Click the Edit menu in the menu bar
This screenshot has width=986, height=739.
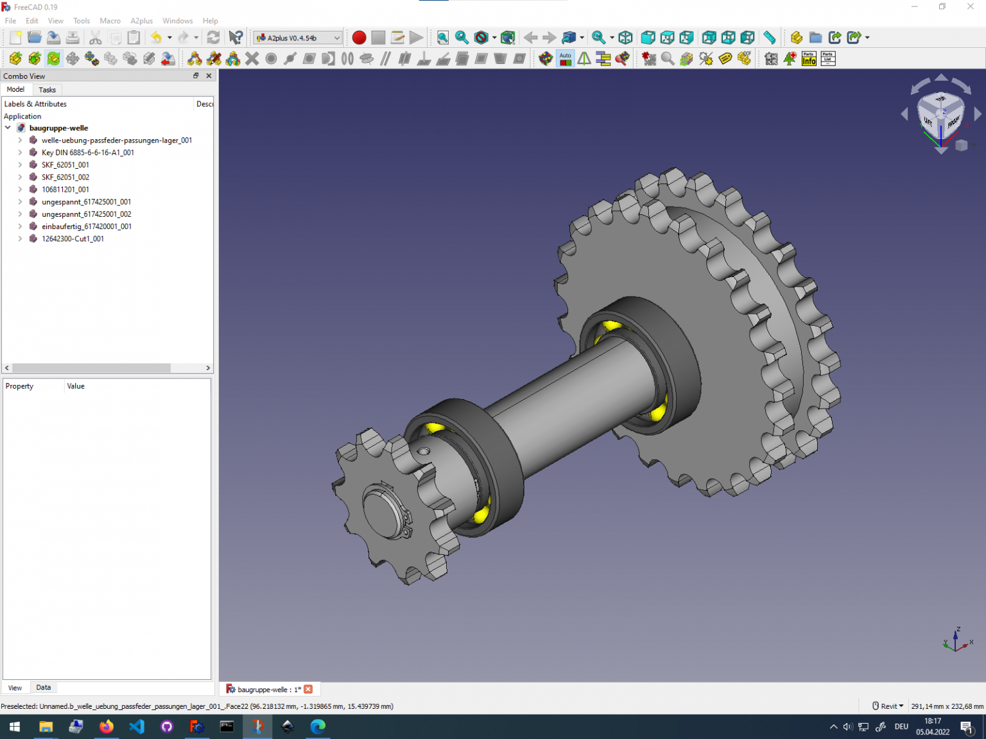(x=31, y=21)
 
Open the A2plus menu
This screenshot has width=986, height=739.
(x=141, y=21)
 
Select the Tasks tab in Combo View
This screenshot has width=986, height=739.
(x=47, y=90)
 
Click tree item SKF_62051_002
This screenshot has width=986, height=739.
(x=65, y=177)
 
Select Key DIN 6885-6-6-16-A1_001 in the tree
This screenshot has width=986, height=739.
(x=87, y=153)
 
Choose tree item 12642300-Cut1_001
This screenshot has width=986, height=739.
(x=73, y=239)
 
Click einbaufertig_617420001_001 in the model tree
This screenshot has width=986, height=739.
(x=87, y=226)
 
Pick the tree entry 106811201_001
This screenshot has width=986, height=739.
(x=65, y=189)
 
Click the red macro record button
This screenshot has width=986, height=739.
(x=359, y=38)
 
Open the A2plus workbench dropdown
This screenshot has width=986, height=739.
(x=298, y=38)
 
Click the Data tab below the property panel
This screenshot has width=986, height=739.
(x=44, y=688)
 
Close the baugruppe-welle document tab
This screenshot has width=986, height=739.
(x=308, y=689)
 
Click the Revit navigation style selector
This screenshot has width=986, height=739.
(x=888, y=706)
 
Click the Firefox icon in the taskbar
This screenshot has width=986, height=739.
(x=106, y=727)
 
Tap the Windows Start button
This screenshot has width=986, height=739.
(x=15, y=727)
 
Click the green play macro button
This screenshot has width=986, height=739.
(x=417, y=38)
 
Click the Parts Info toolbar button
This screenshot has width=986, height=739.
(x=809, y=59)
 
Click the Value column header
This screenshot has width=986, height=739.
(x=76, y=386)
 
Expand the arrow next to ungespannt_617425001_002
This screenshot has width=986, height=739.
(x=20, y=214)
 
